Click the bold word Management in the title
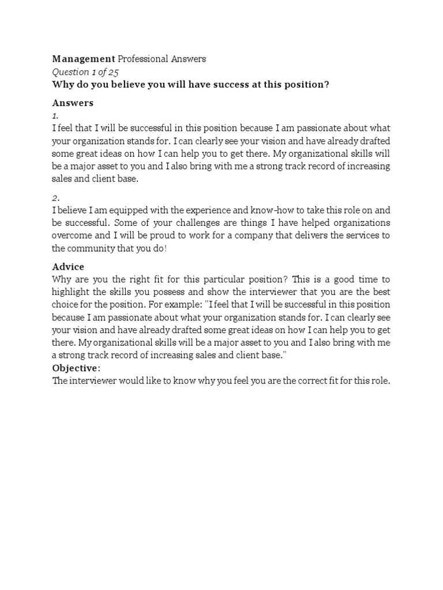click(84, 59)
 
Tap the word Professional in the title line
click(144, 59)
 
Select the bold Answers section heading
click(73, 103)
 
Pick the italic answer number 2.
click(56, 198)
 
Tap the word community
click(92, 248)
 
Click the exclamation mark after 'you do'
click(166, 248)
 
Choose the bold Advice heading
click(68, 267)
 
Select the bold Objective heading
click(75, 368)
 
